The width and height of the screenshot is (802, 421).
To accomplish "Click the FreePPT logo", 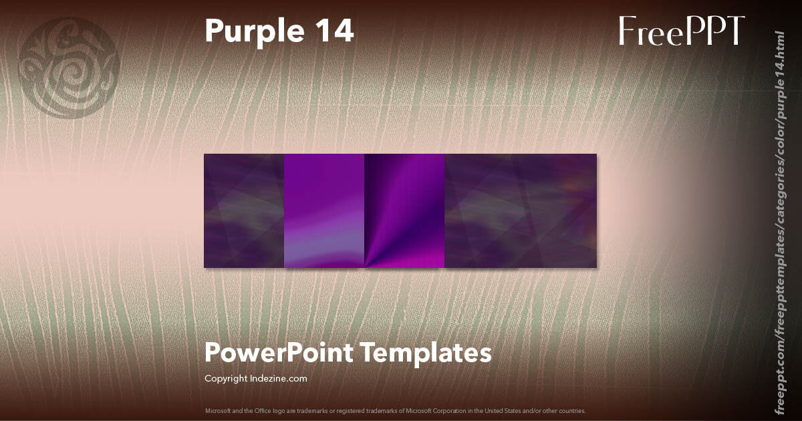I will [x=681, y=31].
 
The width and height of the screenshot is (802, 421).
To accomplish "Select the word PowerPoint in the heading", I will [x=279, y=353].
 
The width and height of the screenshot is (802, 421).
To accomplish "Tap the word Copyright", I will [x=225, y=378].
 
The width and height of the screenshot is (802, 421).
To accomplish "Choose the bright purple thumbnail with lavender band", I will [x=324, y=210].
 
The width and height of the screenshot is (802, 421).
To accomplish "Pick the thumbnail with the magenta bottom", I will [x=404, y=210].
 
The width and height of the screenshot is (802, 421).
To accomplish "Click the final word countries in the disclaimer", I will [x=575, y=410].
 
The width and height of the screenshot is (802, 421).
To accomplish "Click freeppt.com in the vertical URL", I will [x=778, y=382].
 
